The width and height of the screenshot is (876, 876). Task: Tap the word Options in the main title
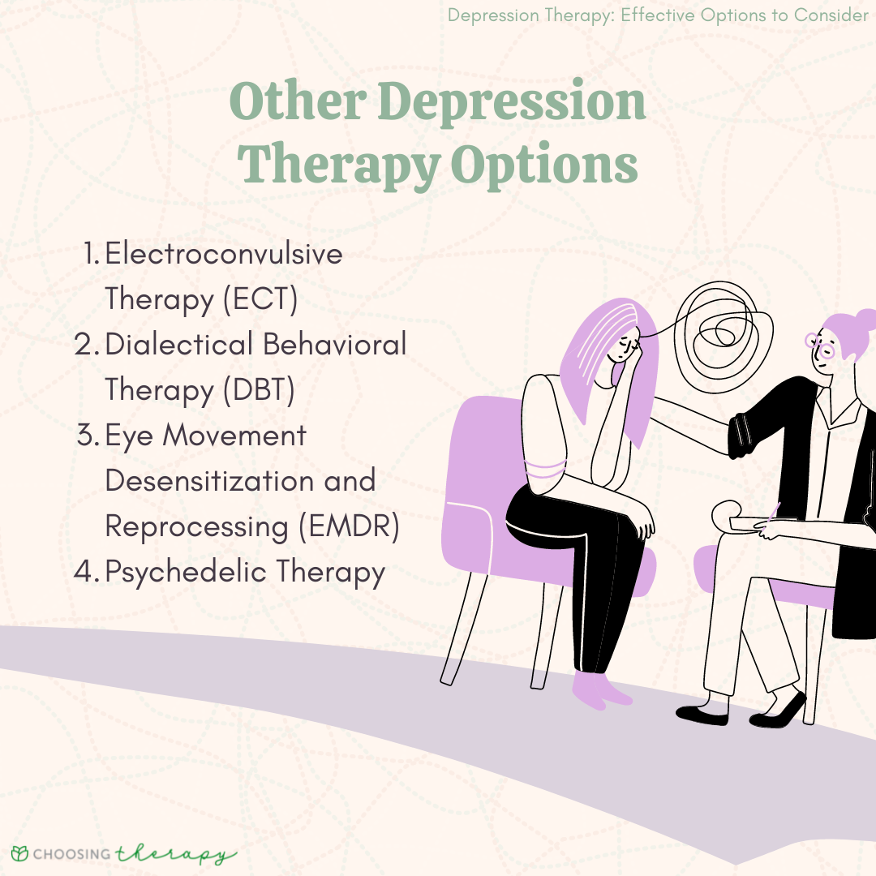544,165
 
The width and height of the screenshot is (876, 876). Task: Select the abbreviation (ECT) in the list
260,300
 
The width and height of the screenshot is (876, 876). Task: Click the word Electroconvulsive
224,255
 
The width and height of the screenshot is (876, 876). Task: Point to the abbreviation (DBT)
259,391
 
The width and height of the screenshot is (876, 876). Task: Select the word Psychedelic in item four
186,573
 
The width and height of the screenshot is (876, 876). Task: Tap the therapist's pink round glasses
820,347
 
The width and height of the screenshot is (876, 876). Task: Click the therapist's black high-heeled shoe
779,710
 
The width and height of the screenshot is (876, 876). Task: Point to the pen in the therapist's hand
771,515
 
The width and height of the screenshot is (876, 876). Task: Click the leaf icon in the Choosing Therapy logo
19,854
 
